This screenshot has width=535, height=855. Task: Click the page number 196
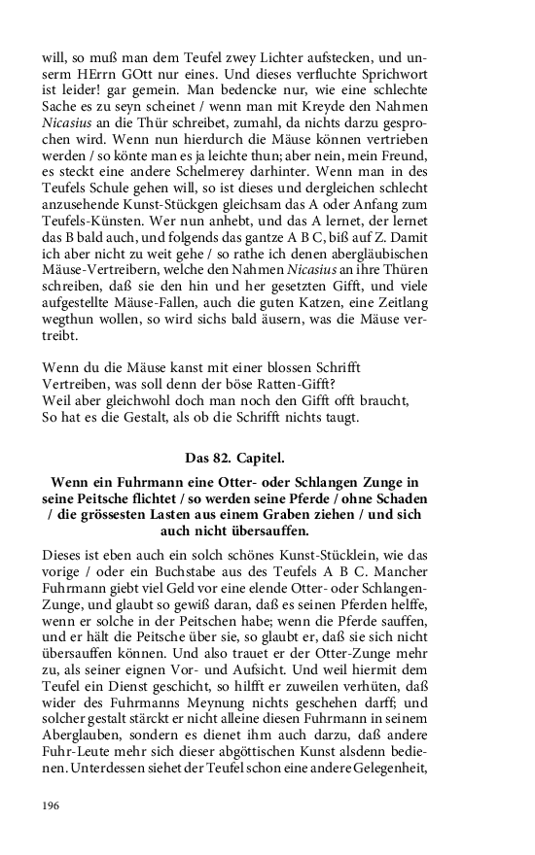(x=53, y=805)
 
